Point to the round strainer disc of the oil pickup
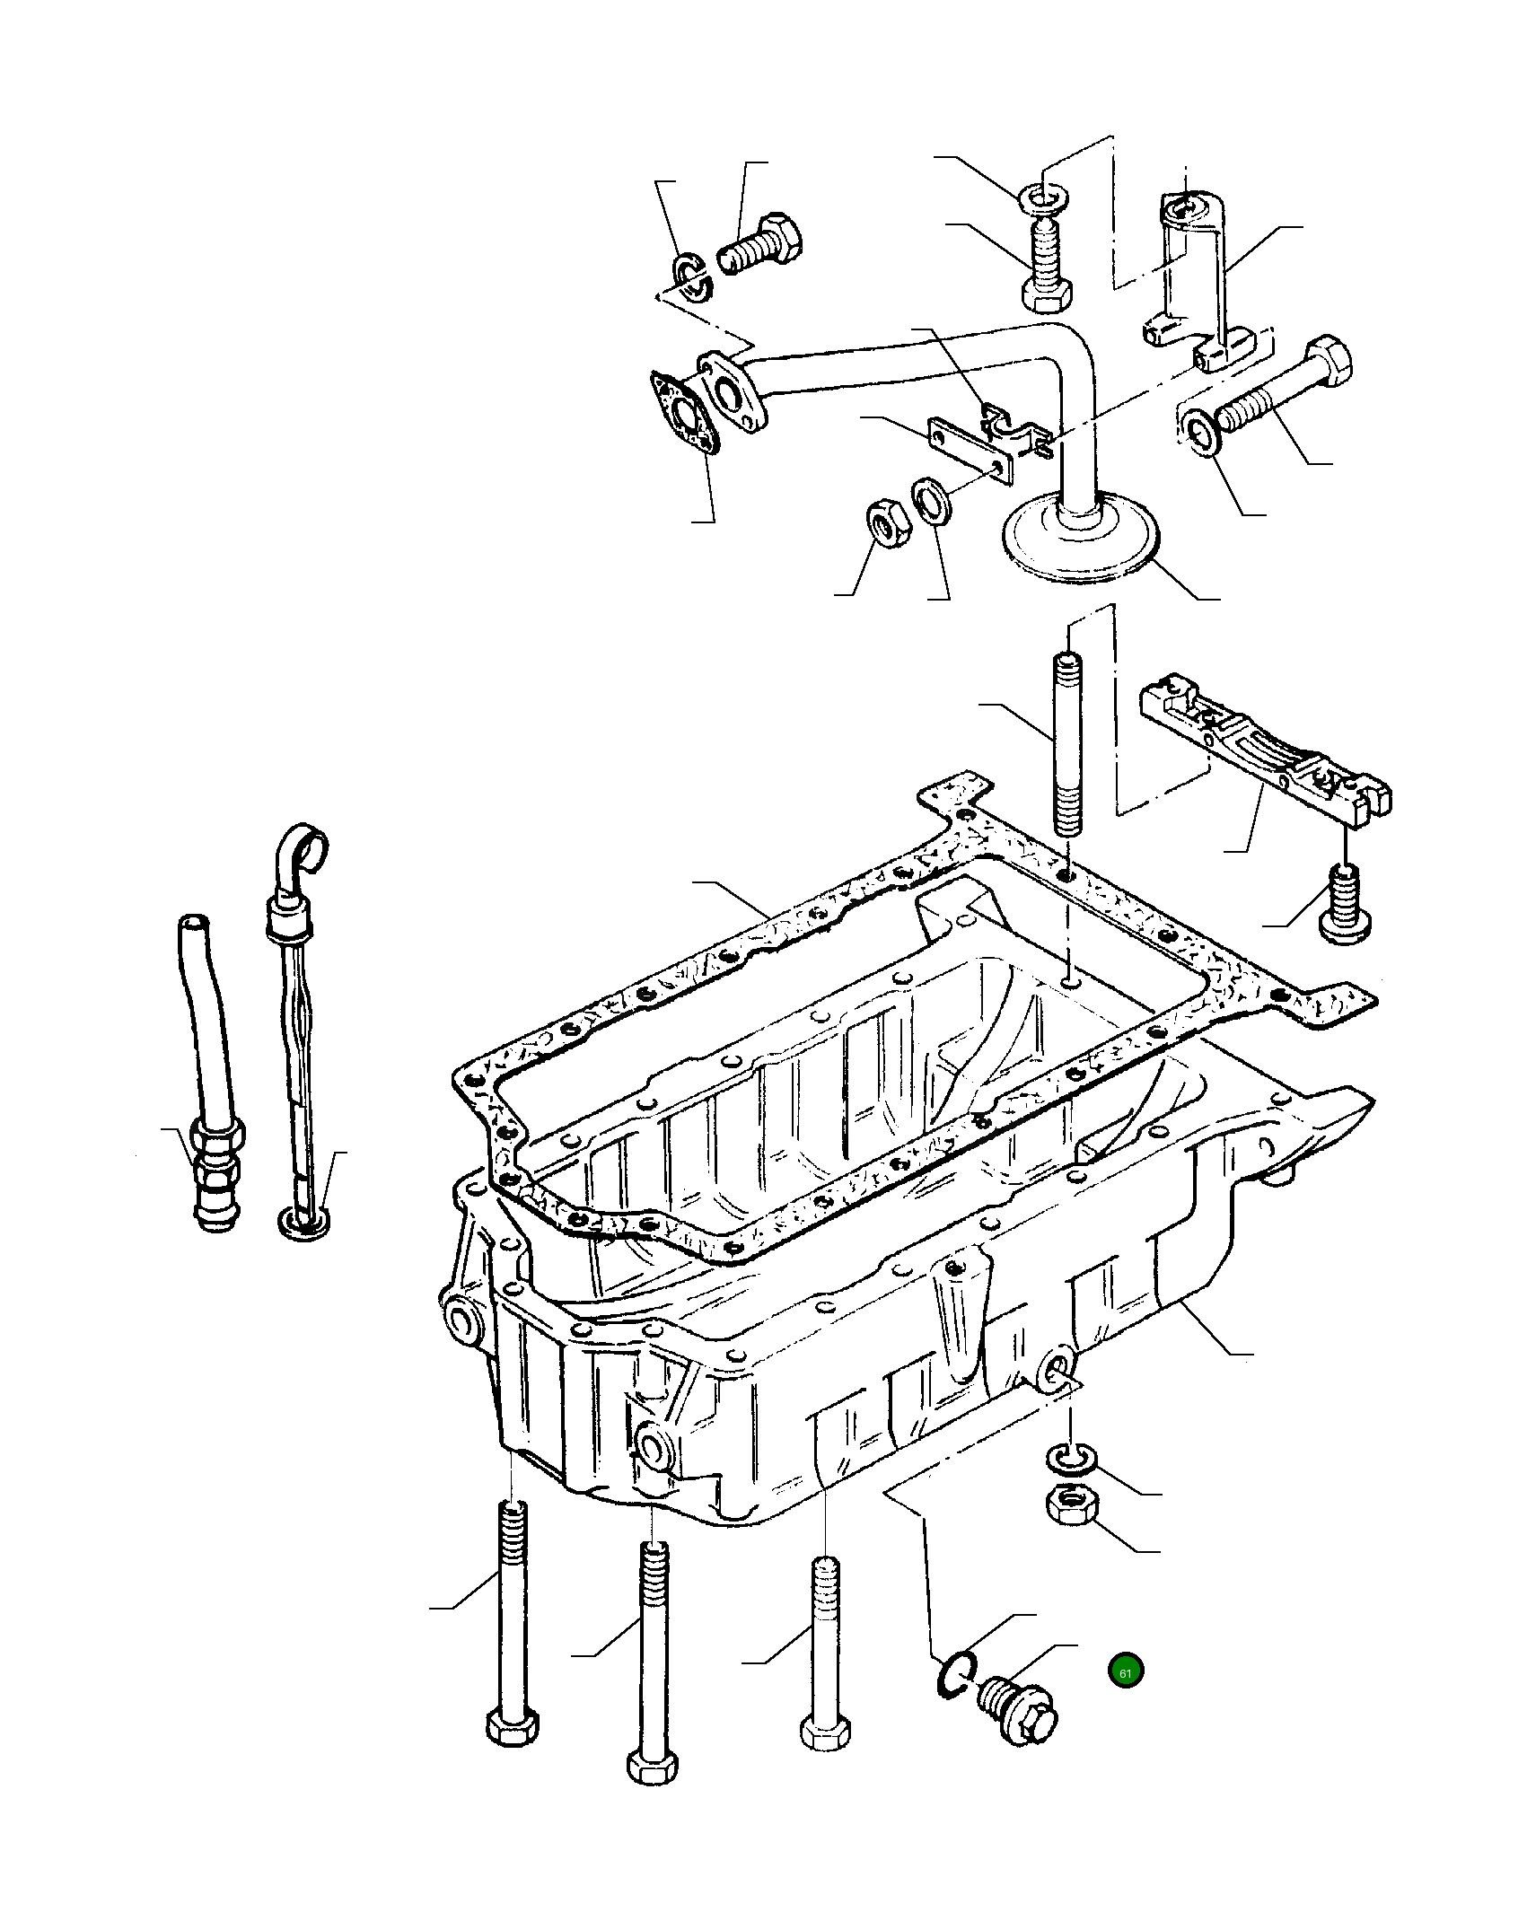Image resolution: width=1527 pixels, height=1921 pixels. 1081,542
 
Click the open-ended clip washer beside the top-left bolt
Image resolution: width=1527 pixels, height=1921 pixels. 691,277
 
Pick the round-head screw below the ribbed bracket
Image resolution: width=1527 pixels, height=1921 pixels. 1344,906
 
